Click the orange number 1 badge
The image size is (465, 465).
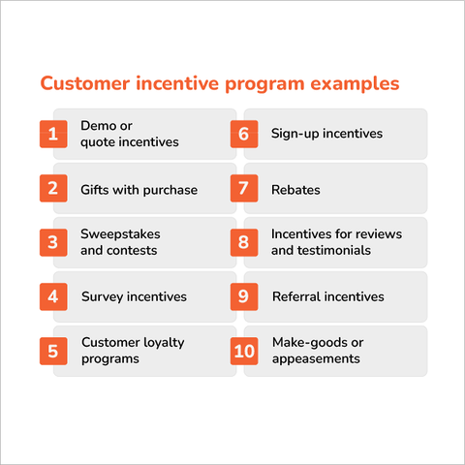coord(52,134)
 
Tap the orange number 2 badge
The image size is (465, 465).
coord(52,188)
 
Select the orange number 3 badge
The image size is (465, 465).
coord(52,242)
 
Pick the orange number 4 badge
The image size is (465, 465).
coord(52,296)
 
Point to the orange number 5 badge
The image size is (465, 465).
coord(52,350)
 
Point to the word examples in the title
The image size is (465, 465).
coord(352,84)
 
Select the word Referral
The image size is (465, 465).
coord(295,296)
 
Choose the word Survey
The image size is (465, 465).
coord(102,296)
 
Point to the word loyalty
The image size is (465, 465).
coord(162,343)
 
